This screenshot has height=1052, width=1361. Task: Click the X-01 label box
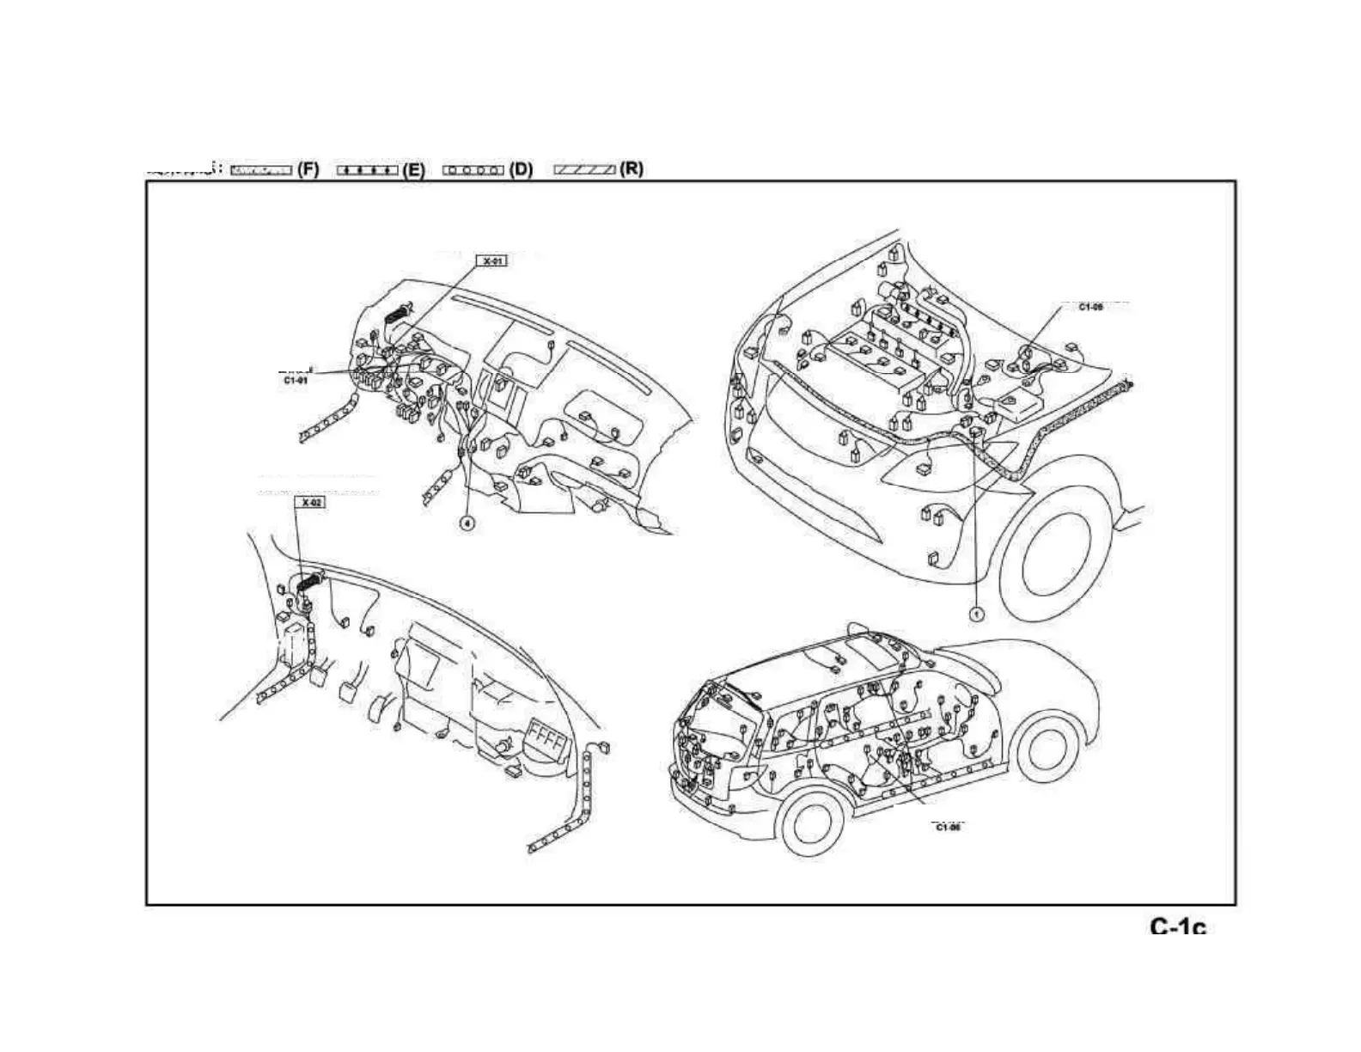click(x=492, y=260)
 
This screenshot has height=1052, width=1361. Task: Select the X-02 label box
click(x=310, y=502)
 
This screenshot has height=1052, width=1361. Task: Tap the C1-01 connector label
click(x=295, y=378)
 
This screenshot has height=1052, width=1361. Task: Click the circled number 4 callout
click(x=467, y=523)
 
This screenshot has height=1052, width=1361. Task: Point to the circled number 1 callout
click(x=976, y=615)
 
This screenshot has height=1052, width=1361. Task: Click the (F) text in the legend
click(x=308, y=169)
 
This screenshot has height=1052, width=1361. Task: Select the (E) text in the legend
click(x=413, y=169)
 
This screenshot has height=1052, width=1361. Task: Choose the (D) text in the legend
click(x=521, y=169)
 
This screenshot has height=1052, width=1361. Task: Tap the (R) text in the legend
click(x=632, y=169)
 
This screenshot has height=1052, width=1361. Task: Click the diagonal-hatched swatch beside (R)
click(x=584, y=170)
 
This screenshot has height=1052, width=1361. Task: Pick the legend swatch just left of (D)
click(x=473, y=170)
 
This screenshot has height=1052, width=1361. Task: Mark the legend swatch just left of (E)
click(x=367, y=170)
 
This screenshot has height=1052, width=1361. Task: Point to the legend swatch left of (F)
click(x=261, y=170)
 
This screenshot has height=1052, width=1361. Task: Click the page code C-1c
click(x=1178, y=927)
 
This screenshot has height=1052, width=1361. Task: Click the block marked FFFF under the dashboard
click(x=546, y=737)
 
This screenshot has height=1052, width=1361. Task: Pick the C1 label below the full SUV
click(x=947, y=827)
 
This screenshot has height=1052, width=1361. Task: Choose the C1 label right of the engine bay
click(x=1091, y=307)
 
